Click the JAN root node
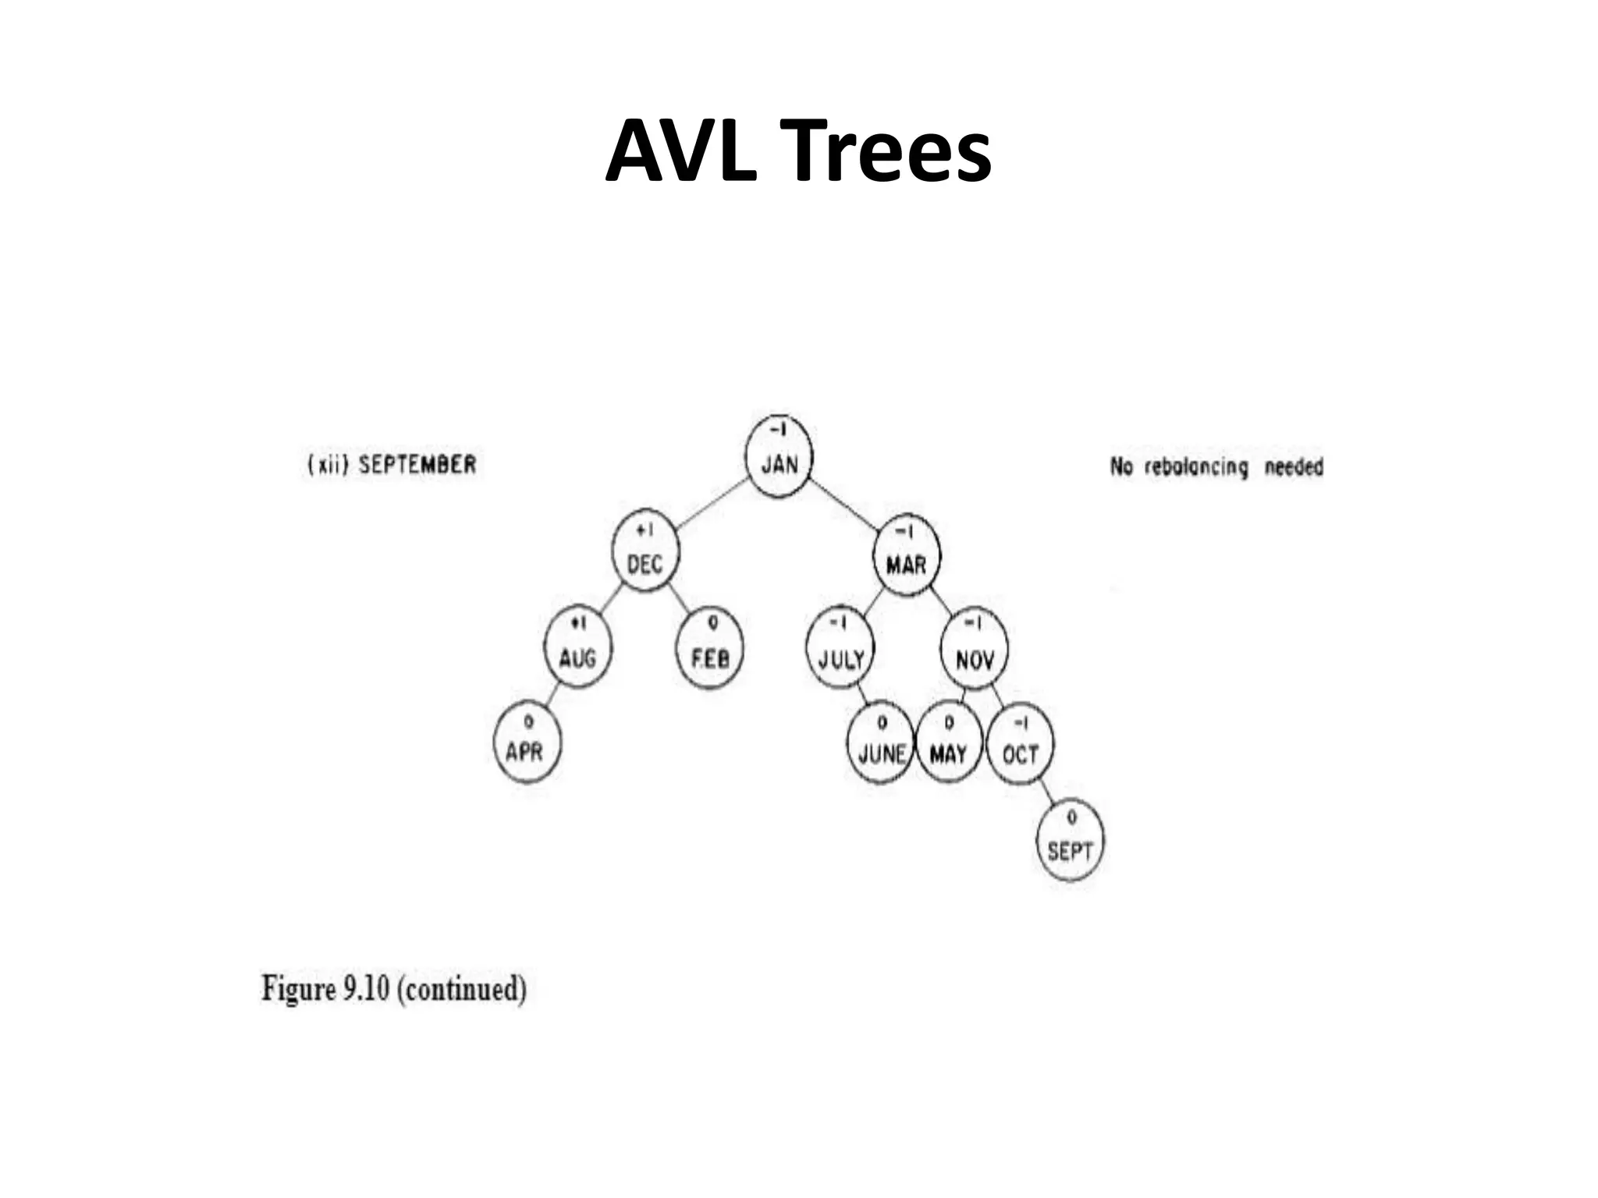[x=778, y=456]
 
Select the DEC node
[x=645, y=555]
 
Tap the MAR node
[x=907, y=555]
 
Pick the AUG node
[x=577, y=649]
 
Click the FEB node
[x=709, y=649]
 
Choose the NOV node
[x=974, y=651]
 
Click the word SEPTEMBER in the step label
[x=417, y=465]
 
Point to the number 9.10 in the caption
[x=365, y=989]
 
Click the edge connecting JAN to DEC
[x=712, y=505]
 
